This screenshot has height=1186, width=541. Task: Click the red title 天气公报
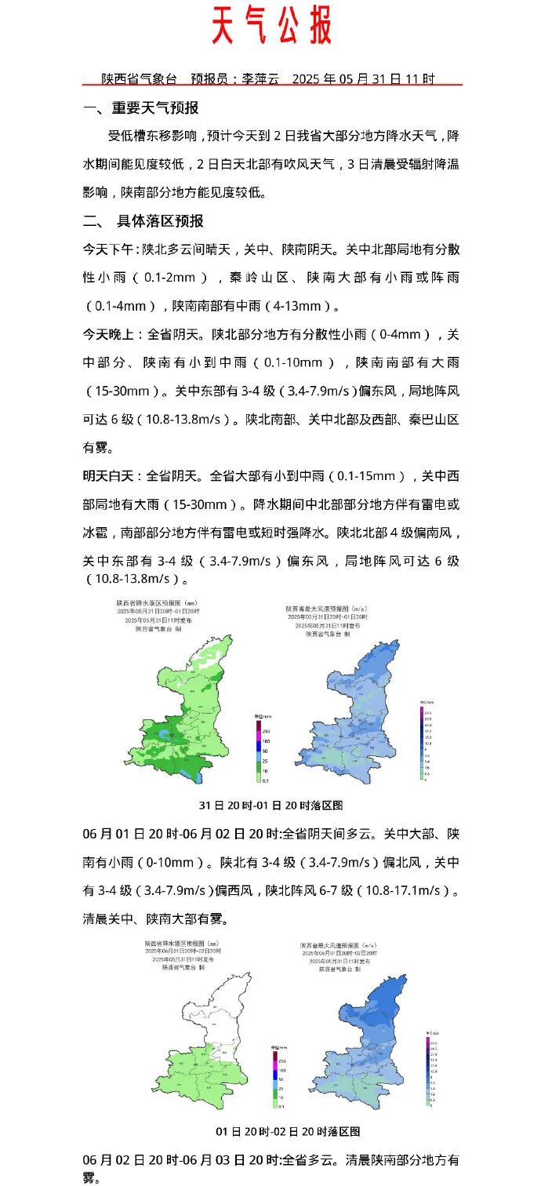click(271, 27)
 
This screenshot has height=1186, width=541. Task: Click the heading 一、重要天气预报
click(141, 108)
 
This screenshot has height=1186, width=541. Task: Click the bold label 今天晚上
click(109, 334)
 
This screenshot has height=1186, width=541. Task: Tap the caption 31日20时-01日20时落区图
click(271, 805)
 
